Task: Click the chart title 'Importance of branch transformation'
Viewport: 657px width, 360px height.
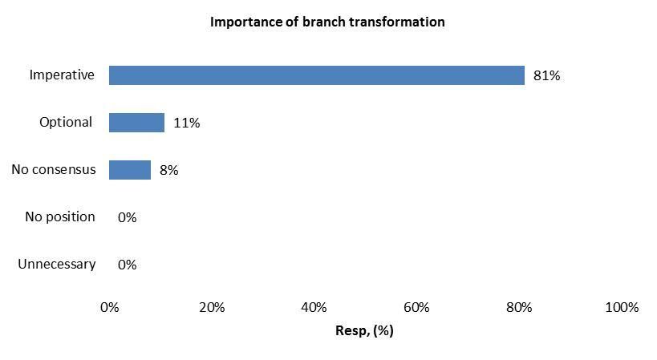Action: pyautogui.click(x=327, y=22)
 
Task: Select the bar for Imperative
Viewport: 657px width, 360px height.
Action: pyautogui.click(x=317, y=75)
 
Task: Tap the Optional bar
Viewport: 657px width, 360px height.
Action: pyautogui.click(x=136, y=123)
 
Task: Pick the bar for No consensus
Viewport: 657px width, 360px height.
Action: pyautogui.click(x=130, y=170)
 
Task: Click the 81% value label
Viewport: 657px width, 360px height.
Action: pyautogui.click(x=546, y=75)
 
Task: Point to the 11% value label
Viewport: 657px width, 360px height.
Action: pyautogui.click(x=186, y=123)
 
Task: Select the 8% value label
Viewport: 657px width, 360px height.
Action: pyautogui.click(x=168, y=170)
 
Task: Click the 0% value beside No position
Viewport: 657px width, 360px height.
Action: pyautogui.click(x=127, y=217)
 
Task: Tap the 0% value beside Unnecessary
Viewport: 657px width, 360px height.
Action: pyautogui.click(x=127, y=265)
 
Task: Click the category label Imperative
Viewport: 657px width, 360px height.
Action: pyautogui.click(x=62, y=75)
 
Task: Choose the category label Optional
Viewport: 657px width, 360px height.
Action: pyautogui.click(x=66, y=123)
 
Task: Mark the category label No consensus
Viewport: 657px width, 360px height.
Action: pyautogui.click(x=54, y=169)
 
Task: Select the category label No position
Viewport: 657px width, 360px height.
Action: pyautogui.click(x=60, y=217)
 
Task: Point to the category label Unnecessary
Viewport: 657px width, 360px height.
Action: pyautogui.click(x=57, y=265)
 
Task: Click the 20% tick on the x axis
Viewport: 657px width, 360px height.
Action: pyautogui.click(x=212, y=308)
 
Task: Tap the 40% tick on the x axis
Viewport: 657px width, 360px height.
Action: pyautogui.click(x=314, y=308)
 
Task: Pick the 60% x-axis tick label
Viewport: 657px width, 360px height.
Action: pyautogui.click(x=416, y=308)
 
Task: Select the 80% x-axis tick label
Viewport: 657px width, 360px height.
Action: pyautogui.click(x=519, y=308)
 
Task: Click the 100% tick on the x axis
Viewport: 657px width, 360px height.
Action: pyautogui.click(x=622, y=308)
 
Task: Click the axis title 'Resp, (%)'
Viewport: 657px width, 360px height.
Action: pyautogui.click(x=364, y=330)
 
